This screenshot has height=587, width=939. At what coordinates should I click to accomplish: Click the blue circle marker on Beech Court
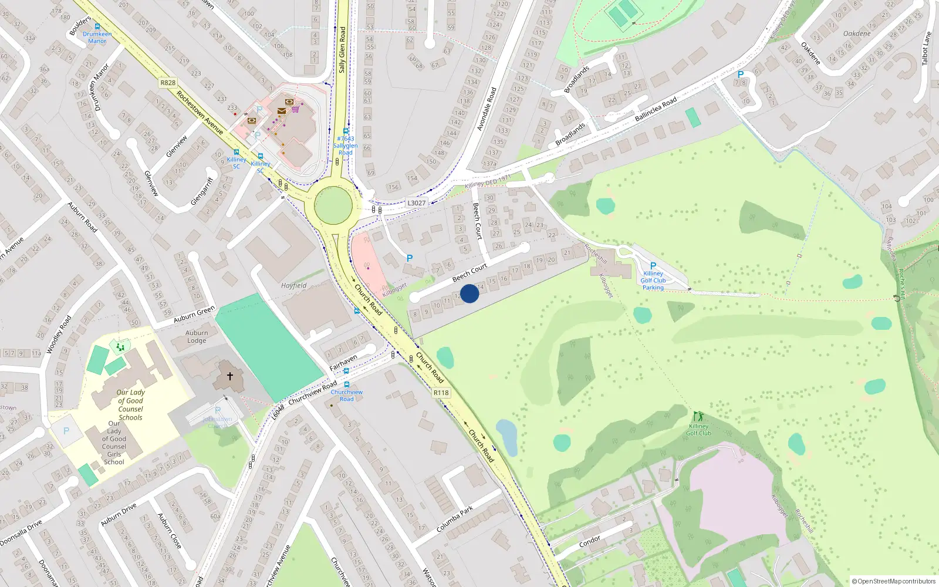click(469, 293)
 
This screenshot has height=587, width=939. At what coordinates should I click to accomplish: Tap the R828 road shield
click(168, 83)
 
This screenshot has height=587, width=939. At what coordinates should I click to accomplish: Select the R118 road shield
click(441, 393)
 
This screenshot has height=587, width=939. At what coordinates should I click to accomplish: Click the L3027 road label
click(416, 203)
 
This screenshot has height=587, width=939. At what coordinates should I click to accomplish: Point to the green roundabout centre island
click(333, 206)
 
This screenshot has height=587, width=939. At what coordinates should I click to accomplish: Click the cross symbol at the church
click(230, 376)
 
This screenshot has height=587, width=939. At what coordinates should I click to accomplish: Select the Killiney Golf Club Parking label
click(653, 281)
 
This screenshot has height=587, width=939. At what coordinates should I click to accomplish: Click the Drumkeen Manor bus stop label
click(97, 38)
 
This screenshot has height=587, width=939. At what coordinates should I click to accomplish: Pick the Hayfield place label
click(293, 286)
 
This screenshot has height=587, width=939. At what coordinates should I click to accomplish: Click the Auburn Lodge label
click(197, 337)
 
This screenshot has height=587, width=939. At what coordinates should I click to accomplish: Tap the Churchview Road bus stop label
click(347, 396)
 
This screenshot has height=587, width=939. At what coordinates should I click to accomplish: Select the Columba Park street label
click(455, 519)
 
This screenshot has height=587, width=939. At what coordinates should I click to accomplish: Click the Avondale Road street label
click(487, 109)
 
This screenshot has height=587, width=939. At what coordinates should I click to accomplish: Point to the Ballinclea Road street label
click(656, 110)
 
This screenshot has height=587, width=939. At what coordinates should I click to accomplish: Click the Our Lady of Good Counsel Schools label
click(130, 405)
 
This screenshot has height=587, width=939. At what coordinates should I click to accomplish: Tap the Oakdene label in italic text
click(857, 33)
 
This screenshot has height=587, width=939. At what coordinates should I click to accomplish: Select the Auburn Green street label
click(194, 315)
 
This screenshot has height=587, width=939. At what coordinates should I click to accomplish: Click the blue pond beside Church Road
click(507, 437)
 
